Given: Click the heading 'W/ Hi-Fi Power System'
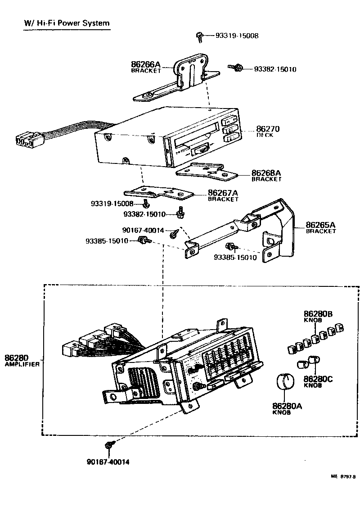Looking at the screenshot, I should click(x=67, y=23).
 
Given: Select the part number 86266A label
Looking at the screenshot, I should click(x=146, y=64).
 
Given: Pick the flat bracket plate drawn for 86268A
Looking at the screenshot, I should click(x=205, y=171).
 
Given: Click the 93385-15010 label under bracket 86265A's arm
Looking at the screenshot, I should click(x=235, y=258).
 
